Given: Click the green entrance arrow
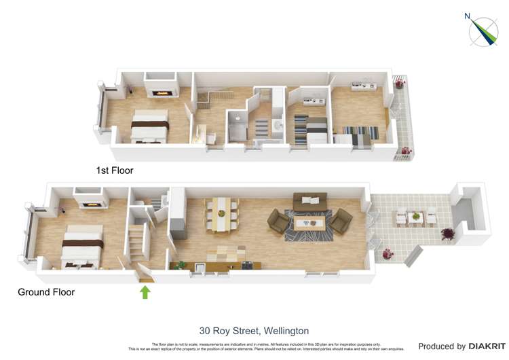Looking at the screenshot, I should [x=144, y=293].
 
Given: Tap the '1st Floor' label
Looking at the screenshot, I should [x=115, y=170].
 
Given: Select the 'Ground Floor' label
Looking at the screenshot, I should [x=46, y=292].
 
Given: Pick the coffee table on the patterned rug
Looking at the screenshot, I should [x=312, y=221].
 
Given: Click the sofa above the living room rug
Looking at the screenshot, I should [x=309, y=200].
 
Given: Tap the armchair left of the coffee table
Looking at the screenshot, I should [x=277, y=220].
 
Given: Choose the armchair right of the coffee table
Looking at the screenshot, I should [x=341, y=220].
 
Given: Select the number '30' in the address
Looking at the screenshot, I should [x=205, y=331].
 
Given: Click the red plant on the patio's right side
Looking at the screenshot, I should [x=449, y=234].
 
